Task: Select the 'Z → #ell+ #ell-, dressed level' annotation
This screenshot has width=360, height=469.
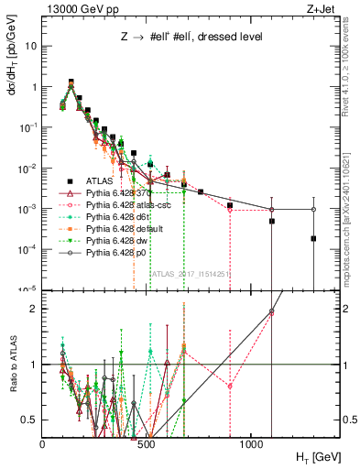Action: (191, 38)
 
